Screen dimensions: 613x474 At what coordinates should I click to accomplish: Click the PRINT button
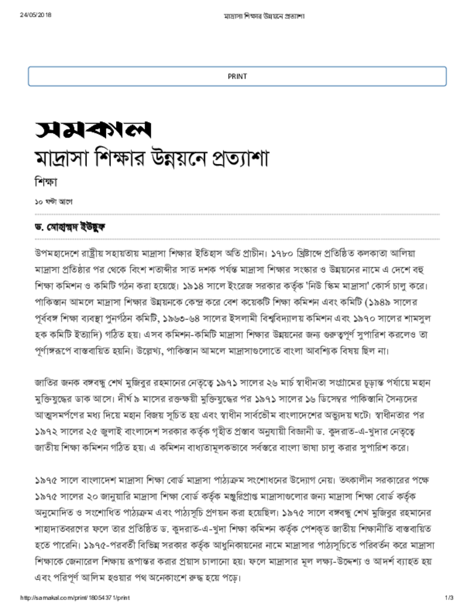237,77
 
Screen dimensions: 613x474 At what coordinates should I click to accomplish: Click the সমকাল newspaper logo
92,128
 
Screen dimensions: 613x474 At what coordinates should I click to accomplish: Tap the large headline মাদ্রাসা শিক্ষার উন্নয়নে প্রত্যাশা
151,159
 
